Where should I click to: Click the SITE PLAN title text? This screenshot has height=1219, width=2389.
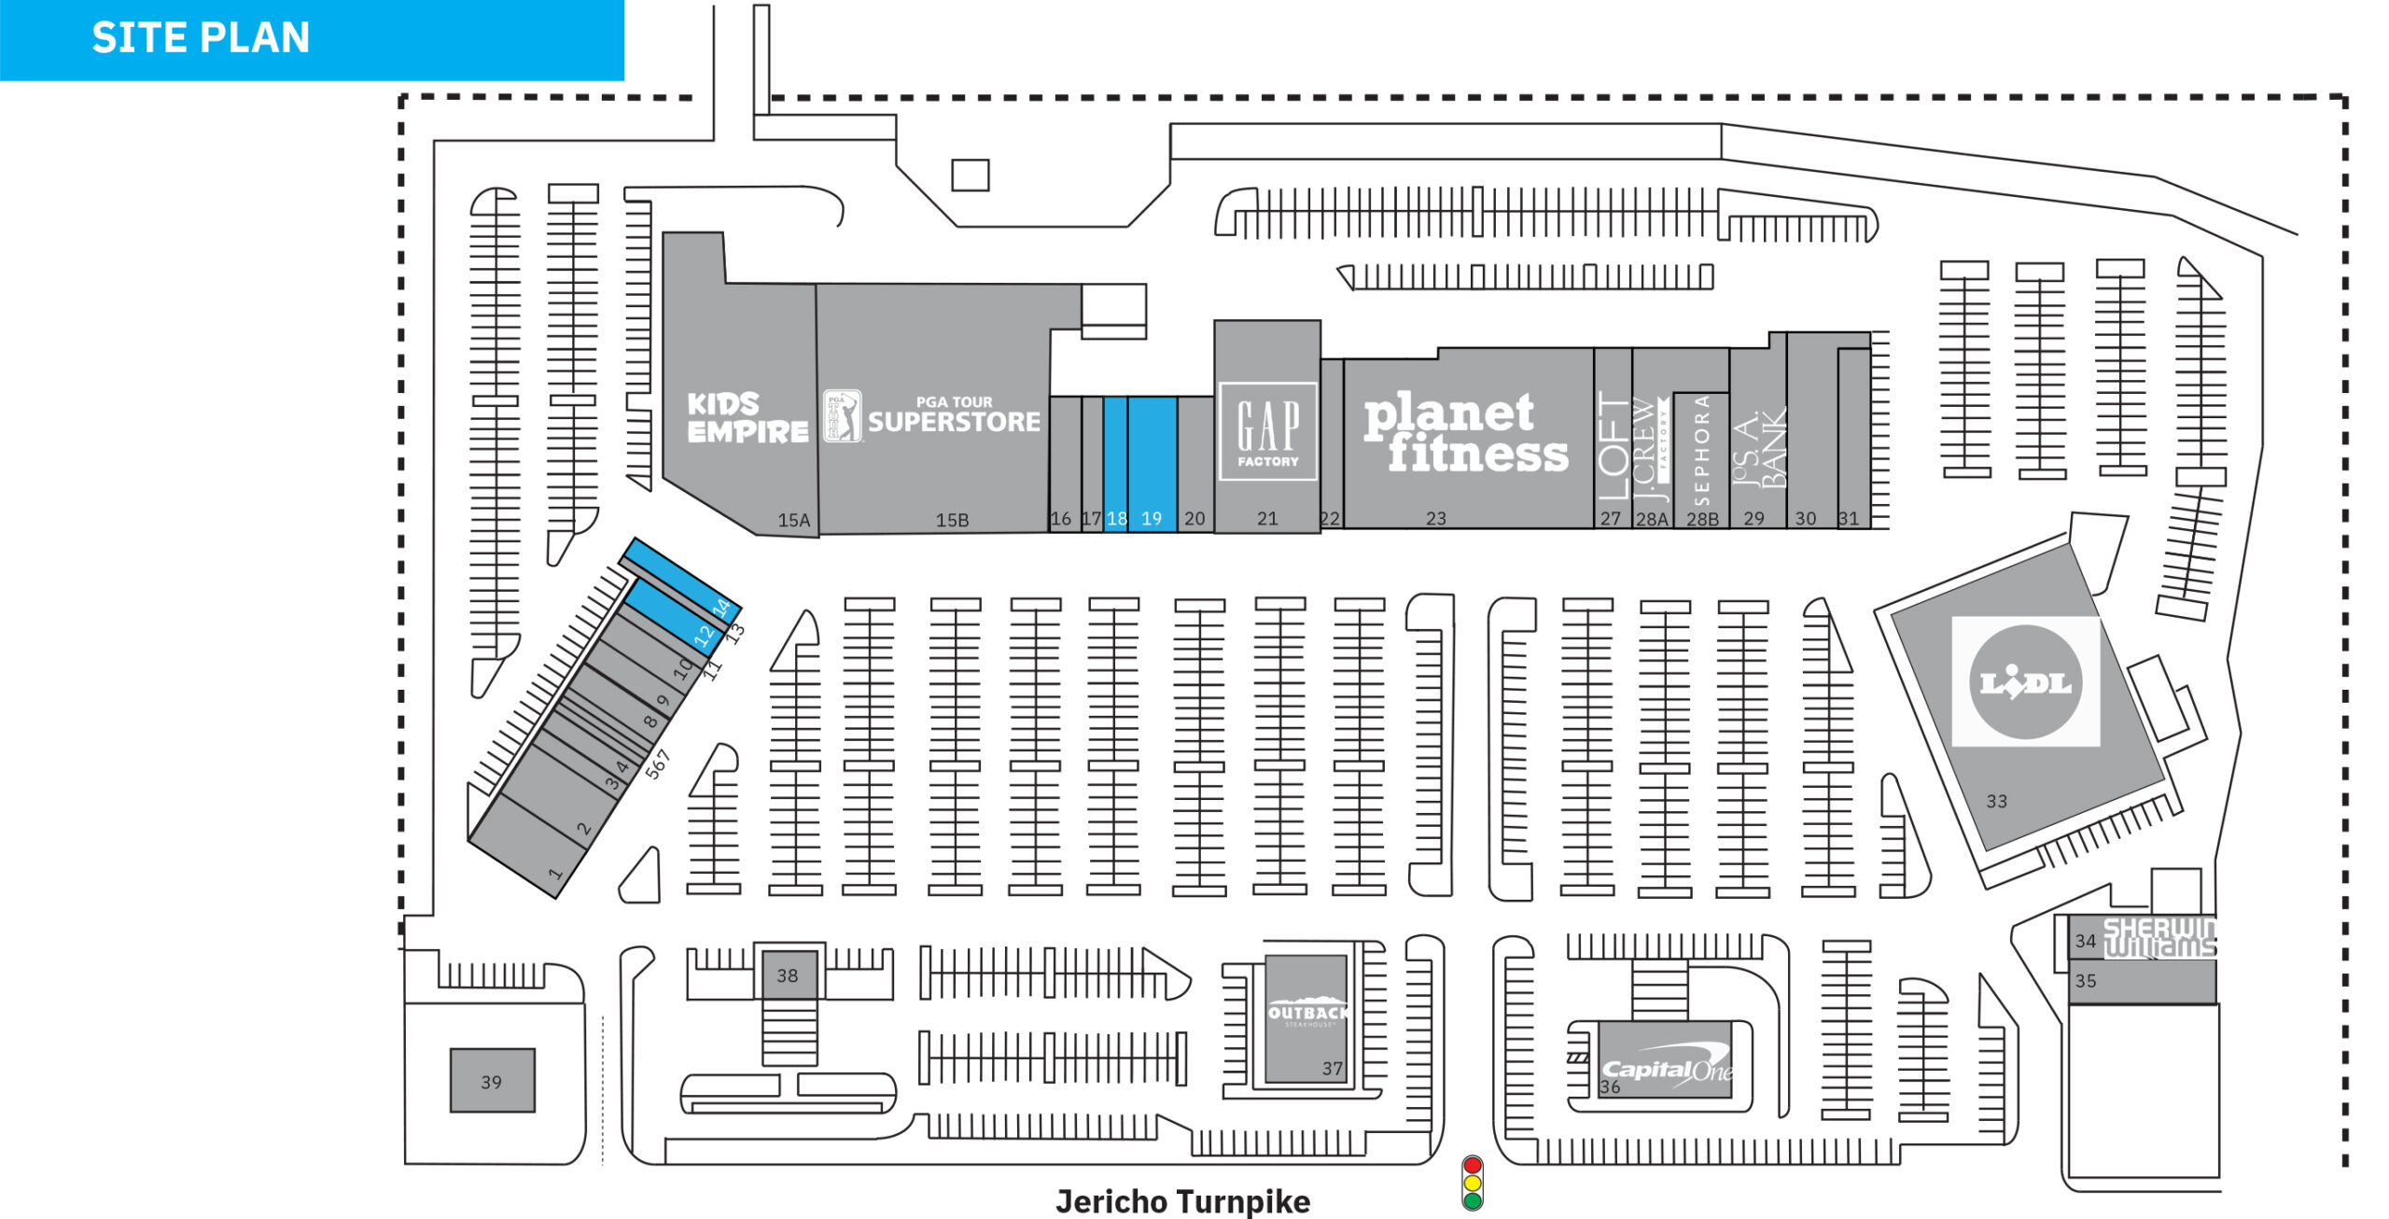[x=201, y=38]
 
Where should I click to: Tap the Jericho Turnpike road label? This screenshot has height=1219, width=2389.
[x=1182, y=1201]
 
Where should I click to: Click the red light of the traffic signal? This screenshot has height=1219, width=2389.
[x=1473, y=1166]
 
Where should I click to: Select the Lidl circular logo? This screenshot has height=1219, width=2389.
[x=2025, y=682]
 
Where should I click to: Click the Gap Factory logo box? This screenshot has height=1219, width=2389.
[x=1267, y=431]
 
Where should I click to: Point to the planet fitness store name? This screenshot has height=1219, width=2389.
[x=1465, y=433]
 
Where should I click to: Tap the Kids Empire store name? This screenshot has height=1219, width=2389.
[x=747, y=417]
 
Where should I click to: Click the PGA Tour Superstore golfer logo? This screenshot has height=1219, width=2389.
[x=842, y=416]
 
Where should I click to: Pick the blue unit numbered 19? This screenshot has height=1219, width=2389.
[x=1152, y=463]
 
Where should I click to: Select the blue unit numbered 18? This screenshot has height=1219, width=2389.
[x=1116, y=463]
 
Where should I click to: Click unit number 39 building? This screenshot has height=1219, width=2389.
[x=492, y=1081]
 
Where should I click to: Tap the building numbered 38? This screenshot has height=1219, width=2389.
[x=789, y=974]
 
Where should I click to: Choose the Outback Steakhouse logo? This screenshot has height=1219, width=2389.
[x=1307, y=1015]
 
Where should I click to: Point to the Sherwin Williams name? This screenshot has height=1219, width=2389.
[x=2159, y=938]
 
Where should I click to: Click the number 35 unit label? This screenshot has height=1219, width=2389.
[x=2086, y=981]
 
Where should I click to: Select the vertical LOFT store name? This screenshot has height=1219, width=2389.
[x=1613, y=446]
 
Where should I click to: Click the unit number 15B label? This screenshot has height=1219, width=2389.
[x=952, y=520]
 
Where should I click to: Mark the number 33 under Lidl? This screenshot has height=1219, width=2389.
[x=1996, y=801]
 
